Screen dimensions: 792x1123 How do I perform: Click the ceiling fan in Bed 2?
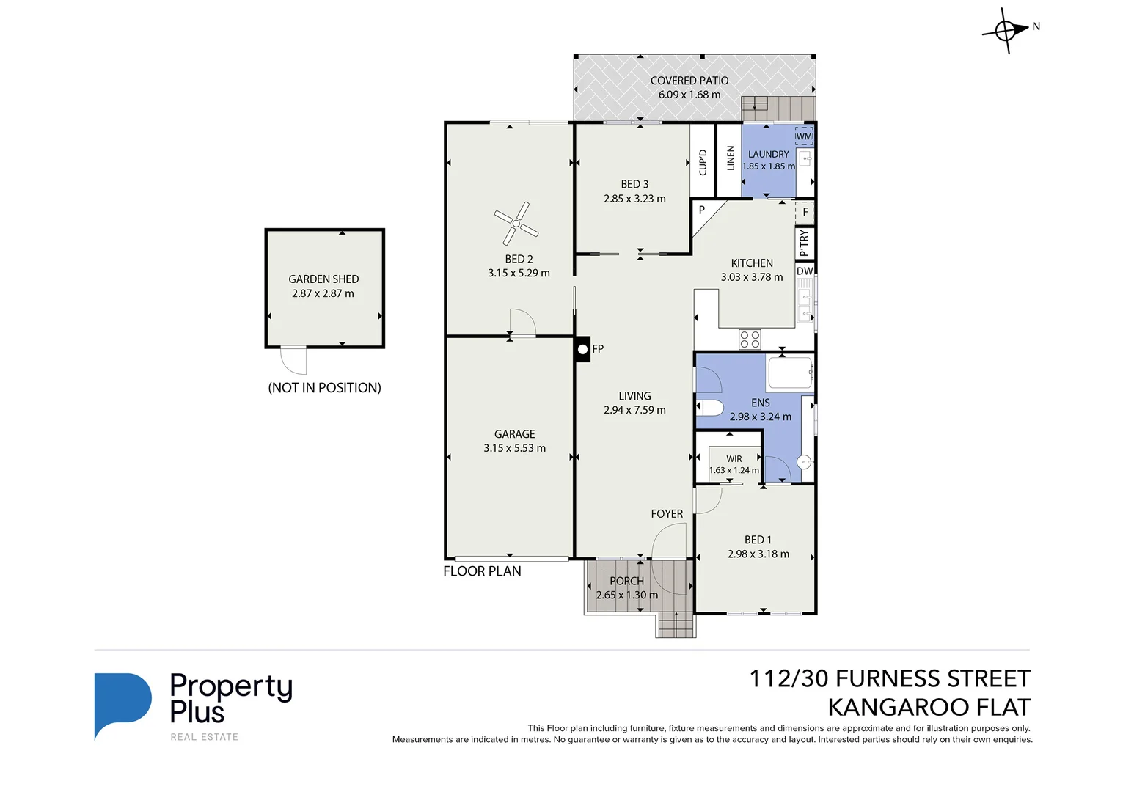[x=516, y=223]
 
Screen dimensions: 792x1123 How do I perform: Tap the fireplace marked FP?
[x=582, y=350]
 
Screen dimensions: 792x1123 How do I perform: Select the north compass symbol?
[x=1006, y=31]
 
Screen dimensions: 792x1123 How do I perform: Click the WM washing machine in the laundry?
[x=804, y=136]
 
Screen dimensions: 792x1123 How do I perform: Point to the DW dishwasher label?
[x=805, y=271]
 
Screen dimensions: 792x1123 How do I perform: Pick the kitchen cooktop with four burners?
[x=750, y=339]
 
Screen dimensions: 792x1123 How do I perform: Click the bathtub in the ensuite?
[x=789, y=373]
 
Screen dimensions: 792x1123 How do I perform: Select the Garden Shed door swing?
[x=294, y=359]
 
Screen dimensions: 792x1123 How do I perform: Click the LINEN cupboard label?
[x=731, y=158]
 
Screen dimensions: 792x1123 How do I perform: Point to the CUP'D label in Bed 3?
[x=703, y=162]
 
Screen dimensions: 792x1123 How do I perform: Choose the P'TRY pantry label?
[x=805, y=243]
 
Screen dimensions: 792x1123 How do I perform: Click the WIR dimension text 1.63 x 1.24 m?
[x=734, y=471]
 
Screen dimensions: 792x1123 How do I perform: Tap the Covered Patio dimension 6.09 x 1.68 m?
[x=689, y=95]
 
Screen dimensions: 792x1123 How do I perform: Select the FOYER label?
[x=667, y=514]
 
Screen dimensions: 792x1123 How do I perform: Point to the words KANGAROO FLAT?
[x=929, y=708]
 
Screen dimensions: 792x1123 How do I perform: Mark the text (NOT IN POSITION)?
[x=324, y=388]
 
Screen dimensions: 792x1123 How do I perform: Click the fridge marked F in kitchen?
[x=805, y=212]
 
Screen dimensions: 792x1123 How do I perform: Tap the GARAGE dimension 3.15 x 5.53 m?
[x=514, y=448]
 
